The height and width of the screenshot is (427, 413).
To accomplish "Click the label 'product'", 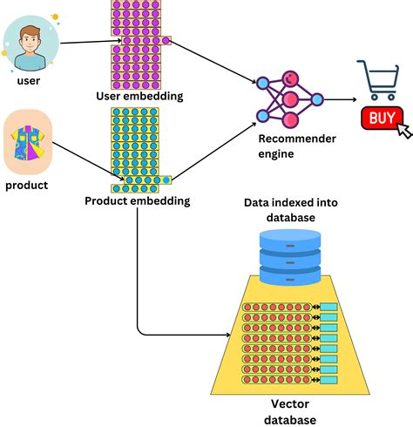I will point(28,186).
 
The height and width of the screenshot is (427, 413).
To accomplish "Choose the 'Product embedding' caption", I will point(138,201).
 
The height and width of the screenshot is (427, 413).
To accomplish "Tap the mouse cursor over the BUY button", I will point(403,131).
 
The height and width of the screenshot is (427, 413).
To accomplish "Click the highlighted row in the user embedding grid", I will point(140,40).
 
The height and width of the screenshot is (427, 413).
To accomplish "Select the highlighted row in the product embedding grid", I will point(140,180).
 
